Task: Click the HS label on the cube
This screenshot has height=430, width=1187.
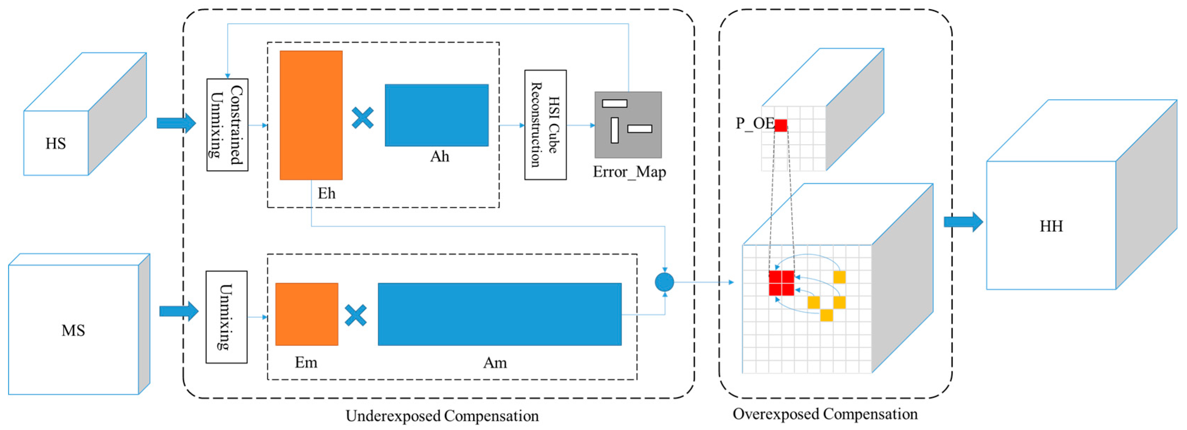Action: point(55,144)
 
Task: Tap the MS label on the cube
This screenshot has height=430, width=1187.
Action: point(73,330)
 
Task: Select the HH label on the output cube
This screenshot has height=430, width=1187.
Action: point(1051,226)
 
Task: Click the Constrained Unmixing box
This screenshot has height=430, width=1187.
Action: point(227,125)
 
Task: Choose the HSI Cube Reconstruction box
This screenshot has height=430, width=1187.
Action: point(545,125)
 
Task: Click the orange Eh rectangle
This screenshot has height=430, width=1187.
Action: point(311,115)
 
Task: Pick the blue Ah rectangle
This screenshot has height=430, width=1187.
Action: point(436,115)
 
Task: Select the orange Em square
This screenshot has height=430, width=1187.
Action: point(306,314)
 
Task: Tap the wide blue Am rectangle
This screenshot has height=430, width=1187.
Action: point(500,314)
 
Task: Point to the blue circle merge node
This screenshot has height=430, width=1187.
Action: point(664,282)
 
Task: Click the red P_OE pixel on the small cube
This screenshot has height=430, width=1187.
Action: point(781,125)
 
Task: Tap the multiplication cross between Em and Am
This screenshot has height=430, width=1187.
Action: point(356,315)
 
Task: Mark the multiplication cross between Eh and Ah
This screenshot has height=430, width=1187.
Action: point(363,118)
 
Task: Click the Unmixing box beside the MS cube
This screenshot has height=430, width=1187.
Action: point(226,317)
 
